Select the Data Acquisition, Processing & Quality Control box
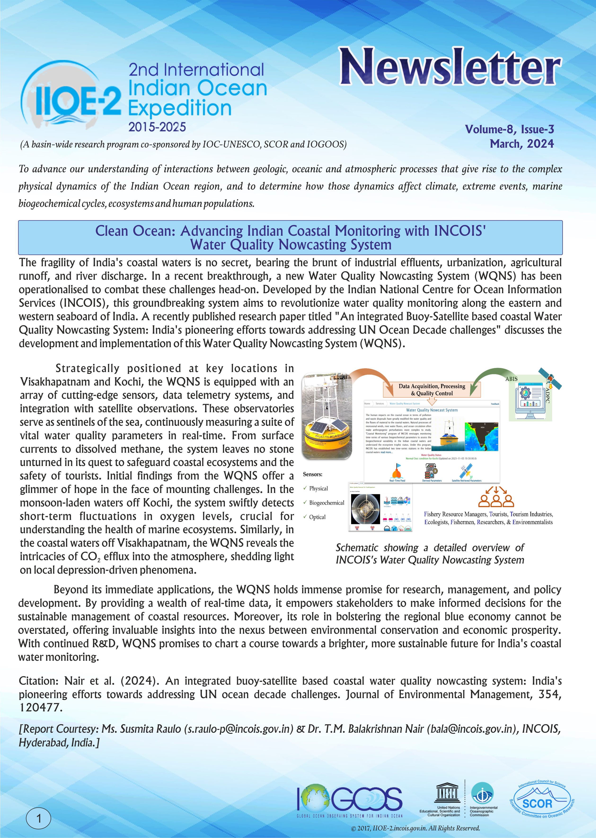[432, 390]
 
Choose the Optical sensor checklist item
[317, 517]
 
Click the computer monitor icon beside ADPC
[530, 401]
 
